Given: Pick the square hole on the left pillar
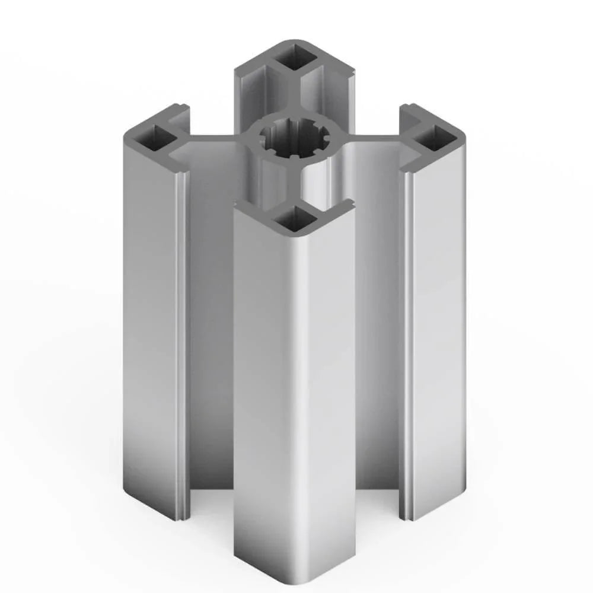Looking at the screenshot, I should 152,138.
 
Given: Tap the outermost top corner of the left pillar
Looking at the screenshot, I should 126,134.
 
